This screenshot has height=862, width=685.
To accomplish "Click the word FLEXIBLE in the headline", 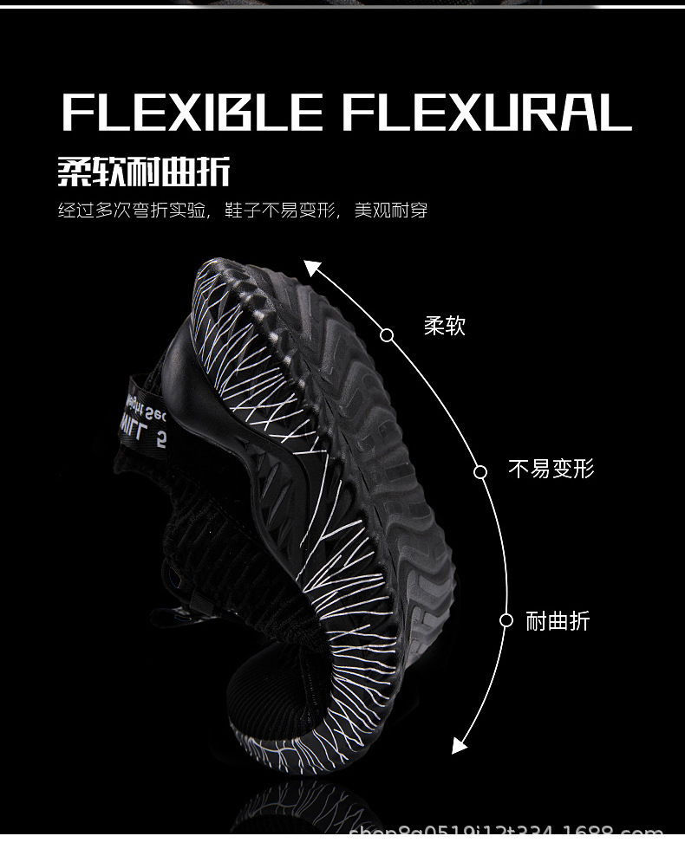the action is (192, 113).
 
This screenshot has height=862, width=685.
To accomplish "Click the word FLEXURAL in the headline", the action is (486, 113).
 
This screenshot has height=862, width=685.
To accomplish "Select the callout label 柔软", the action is (445, 326).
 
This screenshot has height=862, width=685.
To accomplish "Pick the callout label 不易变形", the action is (551, 470).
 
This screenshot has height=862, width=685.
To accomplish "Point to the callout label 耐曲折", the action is (558, 620).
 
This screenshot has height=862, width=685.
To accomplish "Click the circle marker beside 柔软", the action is (387, 335).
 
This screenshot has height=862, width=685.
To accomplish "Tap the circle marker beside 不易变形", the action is (480, 471).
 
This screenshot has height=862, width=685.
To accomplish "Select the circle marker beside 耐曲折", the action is (506, 620).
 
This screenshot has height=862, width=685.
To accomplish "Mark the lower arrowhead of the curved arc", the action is (460, 744).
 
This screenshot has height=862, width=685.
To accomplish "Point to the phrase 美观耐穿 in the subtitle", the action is (391, 211).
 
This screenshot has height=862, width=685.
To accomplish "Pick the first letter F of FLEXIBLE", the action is (78, 113).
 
